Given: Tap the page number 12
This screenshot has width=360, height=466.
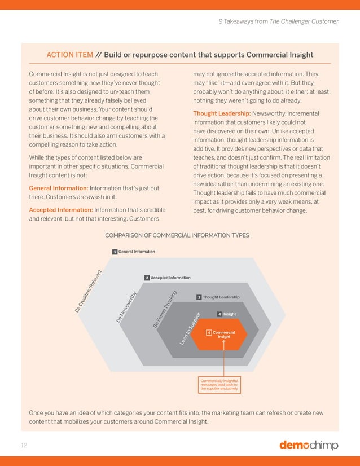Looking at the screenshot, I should tap(24, 445).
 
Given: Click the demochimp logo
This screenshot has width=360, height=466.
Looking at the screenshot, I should tap(309, 445).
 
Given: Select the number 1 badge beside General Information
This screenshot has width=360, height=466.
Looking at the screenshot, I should tap(115, 252).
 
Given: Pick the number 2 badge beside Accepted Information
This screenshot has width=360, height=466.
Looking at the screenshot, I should tap(147, 278).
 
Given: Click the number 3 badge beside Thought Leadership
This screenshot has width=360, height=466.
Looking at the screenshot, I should tap(199, 297).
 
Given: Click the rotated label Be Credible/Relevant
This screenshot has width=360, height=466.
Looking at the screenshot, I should tap(87, 289).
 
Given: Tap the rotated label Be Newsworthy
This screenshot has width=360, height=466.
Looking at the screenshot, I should tap(128, 307).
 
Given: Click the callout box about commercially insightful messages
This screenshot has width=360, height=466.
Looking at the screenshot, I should tap(219, 384).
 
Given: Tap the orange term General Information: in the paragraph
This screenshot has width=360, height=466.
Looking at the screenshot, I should tap(58, 187).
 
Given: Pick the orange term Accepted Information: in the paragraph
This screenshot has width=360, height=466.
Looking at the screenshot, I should tap(60, 210).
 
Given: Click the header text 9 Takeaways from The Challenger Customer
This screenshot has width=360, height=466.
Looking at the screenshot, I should tap(278, 21).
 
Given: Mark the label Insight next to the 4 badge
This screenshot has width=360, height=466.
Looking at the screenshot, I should tap(230, 314).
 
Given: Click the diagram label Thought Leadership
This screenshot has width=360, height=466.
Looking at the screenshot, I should tap(221, 297).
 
